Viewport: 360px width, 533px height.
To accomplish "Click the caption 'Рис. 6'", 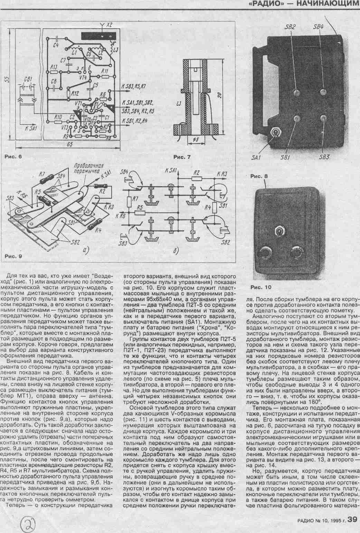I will pyautogui.click(x=13, y=156).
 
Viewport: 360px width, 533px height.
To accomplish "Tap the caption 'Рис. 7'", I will pyautogui.click(x=182, y=158).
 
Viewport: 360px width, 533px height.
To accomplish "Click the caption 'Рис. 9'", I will pyautogui.click(x=13, y=256).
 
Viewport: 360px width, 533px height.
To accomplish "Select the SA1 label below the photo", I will pyautogui.click(x=256, y=158).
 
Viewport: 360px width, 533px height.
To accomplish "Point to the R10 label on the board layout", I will pyautogui.click(x=58, y=117).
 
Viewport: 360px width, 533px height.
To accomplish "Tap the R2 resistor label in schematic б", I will pyautogui.click(x=196, y=172).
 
